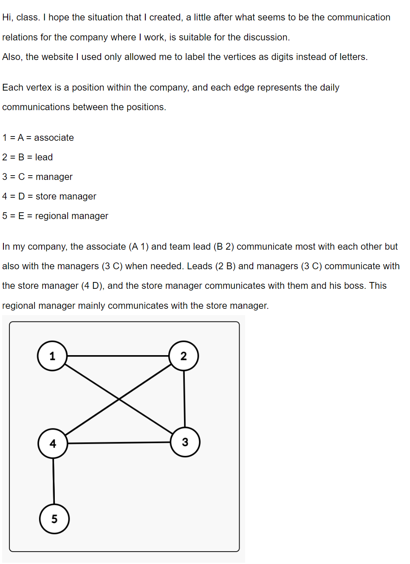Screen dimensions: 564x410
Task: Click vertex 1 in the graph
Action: [52, 356]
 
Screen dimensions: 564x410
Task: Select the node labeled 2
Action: [184, 356]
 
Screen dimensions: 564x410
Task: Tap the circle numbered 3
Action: [185, 442]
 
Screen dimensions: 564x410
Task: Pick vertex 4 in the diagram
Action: [53, 444]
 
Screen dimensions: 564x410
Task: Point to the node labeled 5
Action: [54, 519]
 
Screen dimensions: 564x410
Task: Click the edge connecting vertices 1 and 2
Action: [118, 356]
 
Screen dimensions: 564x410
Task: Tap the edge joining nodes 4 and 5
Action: [54, 481]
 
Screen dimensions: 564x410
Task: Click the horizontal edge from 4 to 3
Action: [119, 443]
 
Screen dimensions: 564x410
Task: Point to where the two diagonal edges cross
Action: [119, 399]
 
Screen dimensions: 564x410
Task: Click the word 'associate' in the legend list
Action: [54, 138]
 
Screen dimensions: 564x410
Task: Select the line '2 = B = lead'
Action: [28, 157]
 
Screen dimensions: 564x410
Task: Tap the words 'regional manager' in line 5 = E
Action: [71, 216]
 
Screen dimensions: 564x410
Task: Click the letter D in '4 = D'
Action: [22, 197]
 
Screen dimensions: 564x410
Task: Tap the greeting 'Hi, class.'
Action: [21, 17]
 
